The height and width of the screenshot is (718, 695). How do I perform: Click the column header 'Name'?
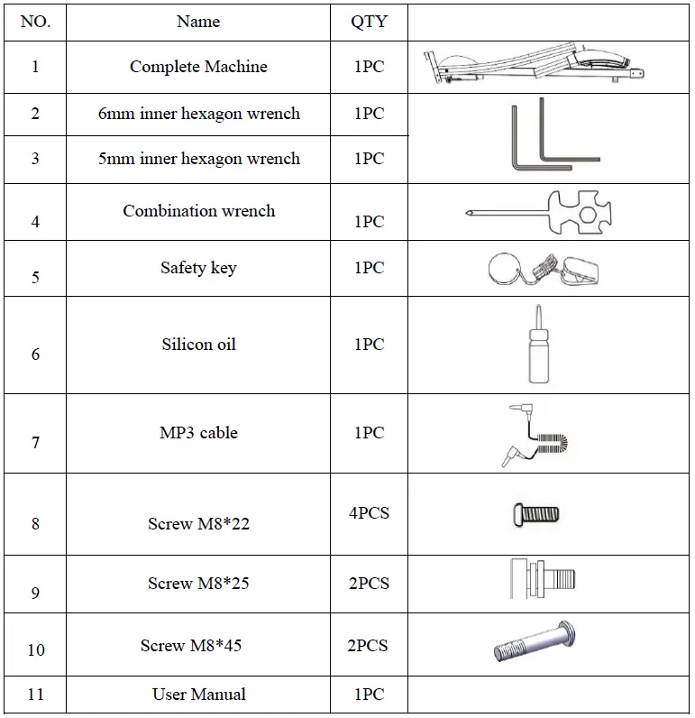click(198, 22)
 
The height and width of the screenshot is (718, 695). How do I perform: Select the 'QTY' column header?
click(369, 22)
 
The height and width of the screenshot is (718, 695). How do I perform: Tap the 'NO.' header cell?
click(35, 22)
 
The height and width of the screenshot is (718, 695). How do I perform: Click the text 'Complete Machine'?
click(198, 67)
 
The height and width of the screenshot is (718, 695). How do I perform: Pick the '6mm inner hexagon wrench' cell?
click(198, 114)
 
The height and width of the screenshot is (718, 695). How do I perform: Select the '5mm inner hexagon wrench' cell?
click(198, 159)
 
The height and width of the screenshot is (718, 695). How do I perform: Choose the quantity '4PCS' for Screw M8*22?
click(369, 513)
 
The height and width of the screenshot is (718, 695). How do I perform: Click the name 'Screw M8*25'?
click(198, 584)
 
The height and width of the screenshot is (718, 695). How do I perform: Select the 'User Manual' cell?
click(198, 695)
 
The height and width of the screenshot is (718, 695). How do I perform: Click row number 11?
click(35, 695)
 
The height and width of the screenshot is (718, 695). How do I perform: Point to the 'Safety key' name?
click(198, 268)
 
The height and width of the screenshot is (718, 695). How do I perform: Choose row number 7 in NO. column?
click(35, 443)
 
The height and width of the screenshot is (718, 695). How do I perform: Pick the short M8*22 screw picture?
click(535, 515)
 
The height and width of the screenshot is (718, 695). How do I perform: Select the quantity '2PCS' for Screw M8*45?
click(369, 646)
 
